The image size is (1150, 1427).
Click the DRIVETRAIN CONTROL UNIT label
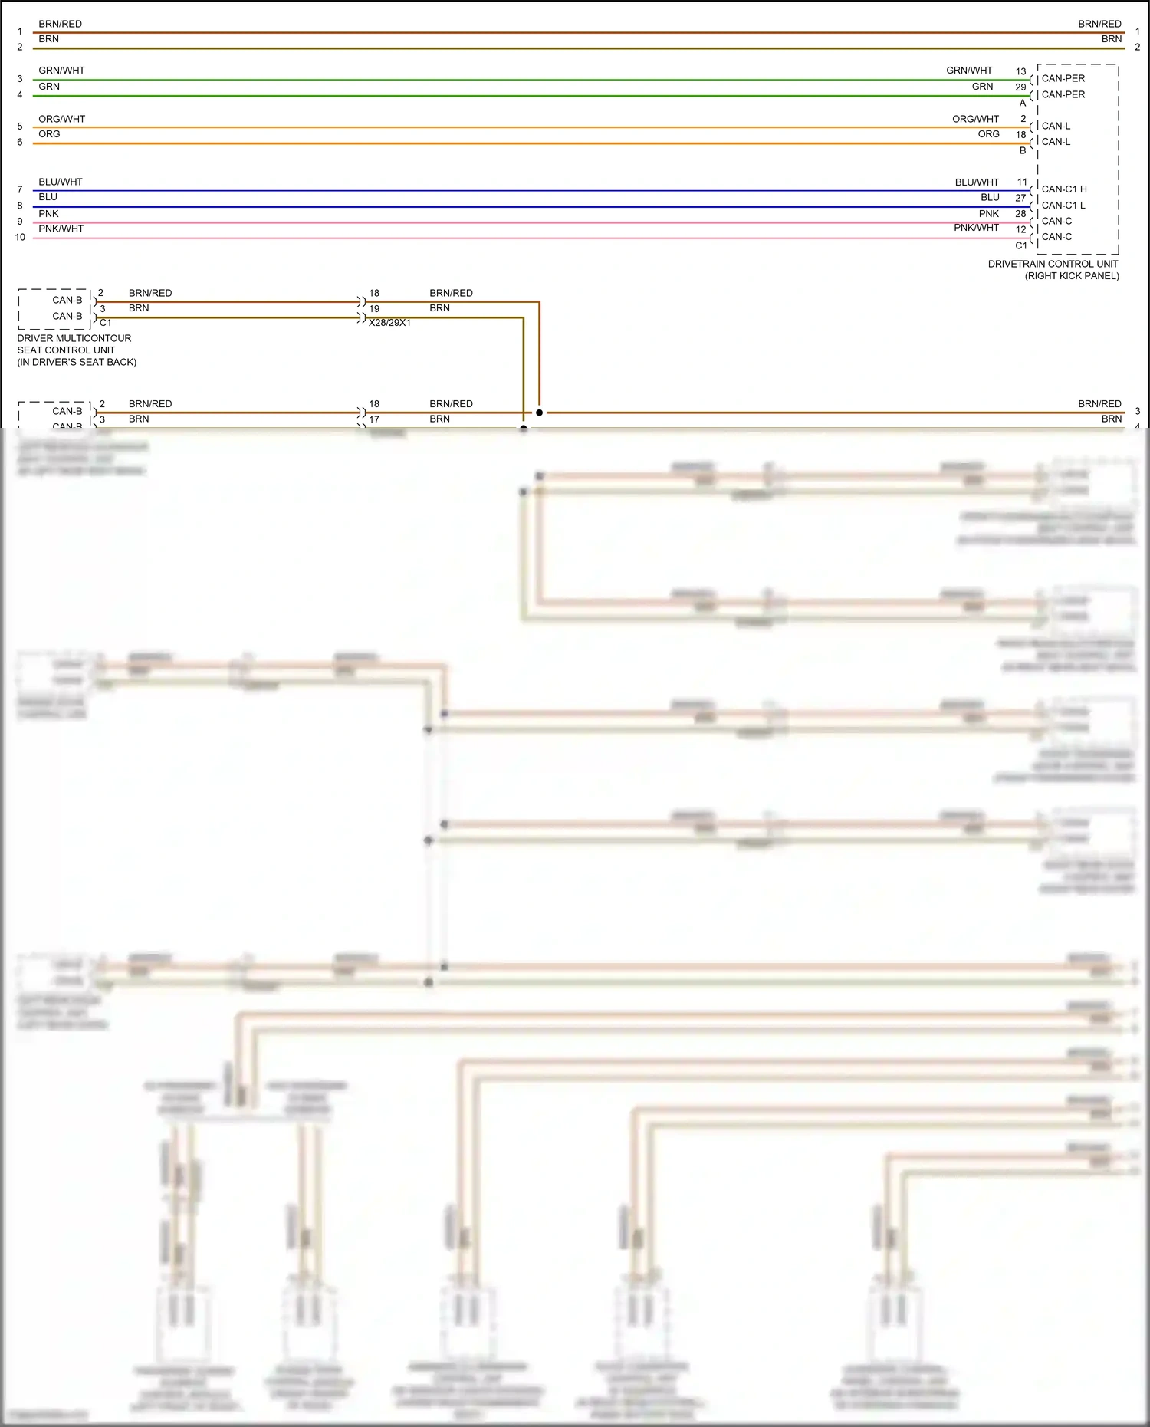click(1053, 264)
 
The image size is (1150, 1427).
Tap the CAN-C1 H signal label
click(1064, 189)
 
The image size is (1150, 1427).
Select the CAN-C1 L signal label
click(1063, 206)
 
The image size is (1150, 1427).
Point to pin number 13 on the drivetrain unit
click(1020, 71)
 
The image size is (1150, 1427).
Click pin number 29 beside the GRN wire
click(1020, 87)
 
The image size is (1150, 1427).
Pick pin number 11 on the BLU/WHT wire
click(1022, 182)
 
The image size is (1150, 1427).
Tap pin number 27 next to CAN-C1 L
click(1020, 198)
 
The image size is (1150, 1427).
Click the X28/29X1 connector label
click(389, 323)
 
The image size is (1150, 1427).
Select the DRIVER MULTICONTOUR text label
click(74, 338)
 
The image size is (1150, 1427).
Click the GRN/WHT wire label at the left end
click(61, 71)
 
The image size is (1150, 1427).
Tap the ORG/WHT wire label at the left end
click(61, 119)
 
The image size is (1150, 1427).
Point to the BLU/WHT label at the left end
click(60, 182)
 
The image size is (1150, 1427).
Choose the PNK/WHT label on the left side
click(61, 229)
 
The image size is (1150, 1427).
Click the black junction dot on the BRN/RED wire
click(540, 413)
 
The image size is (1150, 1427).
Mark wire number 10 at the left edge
click(20, 237)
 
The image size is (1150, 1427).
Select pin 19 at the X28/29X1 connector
click(374, 309)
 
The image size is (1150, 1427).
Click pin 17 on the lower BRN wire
click(374, 419)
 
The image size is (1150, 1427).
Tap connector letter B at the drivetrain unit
click(1023, 150)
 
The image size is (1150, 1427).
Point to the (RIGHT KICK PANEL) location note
click(1072, 276)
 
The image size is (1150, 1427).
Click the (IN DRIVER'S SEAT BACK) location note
click(77, 362)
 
